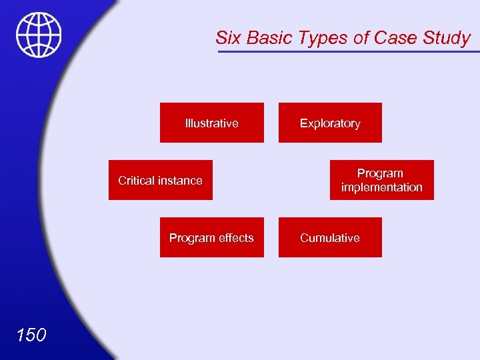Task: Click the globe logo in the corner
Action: point(39,35)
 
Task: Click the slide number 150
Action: point(31,334)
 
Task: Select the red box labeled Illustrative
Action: point(211,123)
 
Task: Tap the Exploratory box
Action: point(330,123)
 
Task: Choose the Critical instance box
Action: point(160,180)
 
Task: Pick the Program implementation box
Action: point(381,180)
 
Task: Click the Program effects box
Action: point(211,237)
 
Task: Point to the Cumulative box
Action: point(330,237)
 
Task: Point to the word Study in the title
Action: point(447,38)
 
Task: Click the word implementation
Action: point(381,187)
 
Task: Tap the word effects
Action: point(234,238)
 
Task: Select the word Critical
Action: point(136,180)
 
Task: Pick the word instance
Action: point(180,180)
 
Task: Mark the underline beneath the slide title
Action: point(347,51)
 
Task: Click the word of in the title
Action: point(361,38)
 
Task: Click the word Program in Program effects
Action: point(190,238)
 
